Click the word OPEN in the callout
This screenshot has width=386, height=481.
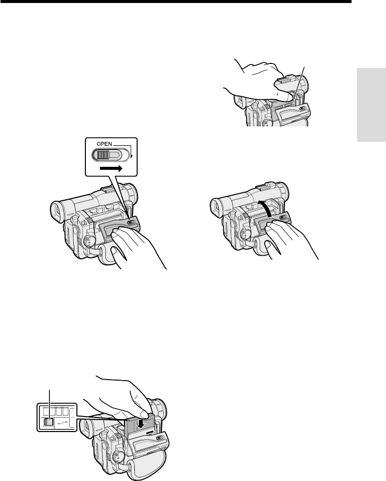104,144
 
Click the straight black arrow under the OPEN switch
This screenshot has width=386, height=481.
111,168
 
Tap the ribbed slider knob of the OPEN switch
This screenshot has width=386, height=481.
102,155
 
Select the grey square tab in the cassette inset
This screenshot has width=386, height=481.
48,422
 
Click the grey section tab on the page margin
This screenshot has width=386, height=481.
372,105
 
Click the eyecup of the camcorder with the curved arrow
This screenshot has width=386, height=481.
217,207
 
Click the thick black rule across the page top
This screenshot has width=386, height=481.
175,1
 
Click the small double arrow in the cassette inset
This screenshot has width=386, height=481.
62,423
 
